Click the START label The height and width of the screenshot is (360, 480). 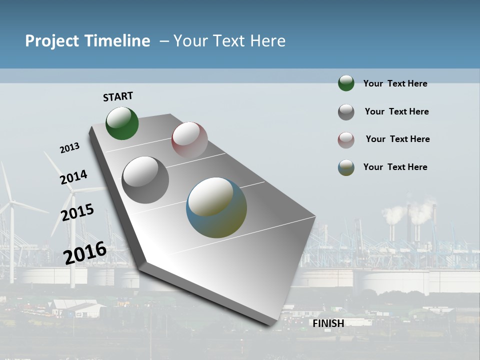point(118,96)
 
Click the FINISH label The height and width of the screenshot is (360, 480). point(328,323)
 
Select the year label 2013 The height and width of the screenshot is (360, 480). point(69,148)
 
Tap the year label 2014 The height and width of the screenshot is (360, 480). point(73,177)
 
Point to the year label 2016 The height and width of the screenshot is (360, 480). point(85,252)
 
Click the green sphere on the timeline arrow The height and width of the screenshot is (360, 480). point(122,123)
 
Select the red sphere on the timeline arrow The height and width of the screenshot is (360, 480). point(189,139)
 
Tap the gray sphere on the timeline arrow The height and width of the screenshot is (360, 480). point(145,180)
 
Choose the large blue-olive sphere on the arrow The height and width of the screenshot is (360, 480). point(216,207)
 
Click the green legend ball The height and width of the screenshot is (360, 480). point(346,83)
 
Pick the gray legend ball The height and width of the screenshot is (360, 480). point(346,112)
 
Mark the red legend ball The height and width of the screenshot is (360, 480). point(346,140)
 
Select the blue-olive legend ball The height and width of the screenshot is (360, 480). point(346,167)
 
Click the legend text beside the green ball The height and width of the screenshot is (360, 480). point(395,83)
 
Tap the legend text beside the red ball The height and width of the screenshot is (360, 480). point(397,139)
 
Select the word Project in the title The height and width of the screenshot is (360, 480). point(52,41)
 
